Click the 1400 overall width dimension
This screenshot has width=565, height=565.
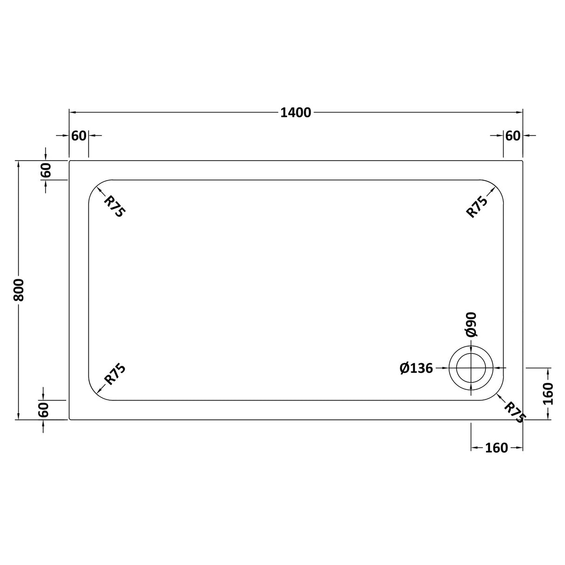pyautogui.click(x=296, y=113)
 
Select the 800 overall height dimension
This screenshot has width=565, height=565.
pyautogui.click(x=19, y=289)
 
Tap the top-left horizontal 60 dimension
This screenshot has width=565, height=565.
pyautogui.click(x=79, y=135)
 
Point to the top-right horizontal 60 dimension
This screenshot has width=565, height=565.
pyautogui.click(x=512, y=135)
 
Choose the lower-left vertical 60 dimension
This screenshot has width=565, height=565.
pyautogui.click(x=43, y=410)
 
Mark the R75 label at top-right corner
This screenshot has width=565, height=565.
pyautogui.click(x=477, y=207)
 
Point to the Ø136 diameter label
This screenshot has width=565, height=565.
pyautogui.click(x=416, y=368)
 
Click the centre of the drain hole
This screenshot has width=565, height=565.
pyautogui.click(x=472, y=368)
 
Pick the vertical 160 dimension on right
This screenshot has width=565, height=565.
pyautogui.click(x=548, y=393)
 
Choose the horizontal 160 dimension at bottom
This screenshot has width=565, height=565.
pyautogui.click(x=496, y=448)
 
